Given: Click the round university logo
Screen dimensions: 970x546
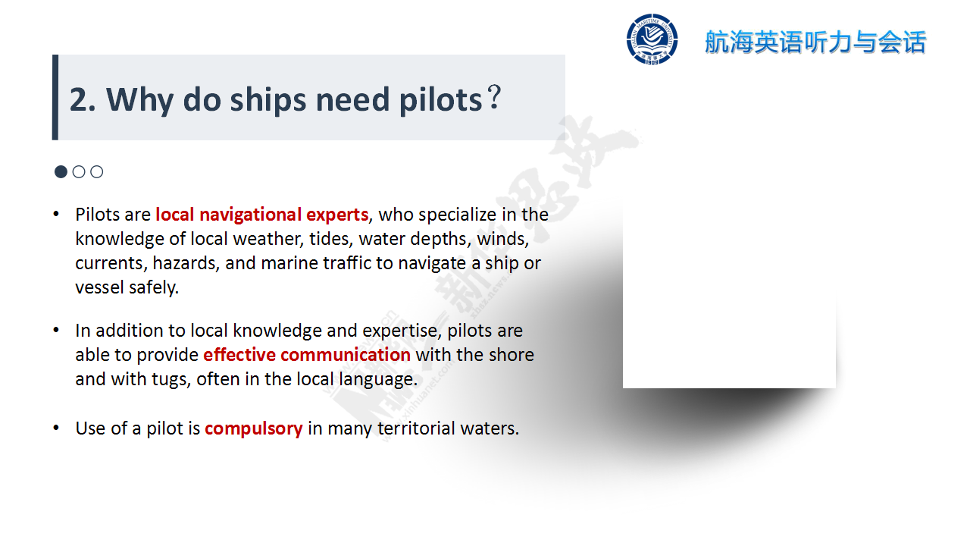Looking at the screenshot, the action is click(652, 39).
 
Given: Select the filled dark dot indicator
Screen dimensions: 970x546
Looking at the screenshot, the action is click(61, 171).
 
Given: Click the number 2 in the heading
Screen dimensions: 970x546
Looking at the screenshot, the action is click(77, 100).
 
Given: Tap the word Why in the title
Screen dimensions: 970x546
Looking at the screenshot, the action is click(140, 101).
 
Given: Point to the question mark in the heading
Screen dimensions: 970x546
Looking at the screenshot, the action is click(493, 98).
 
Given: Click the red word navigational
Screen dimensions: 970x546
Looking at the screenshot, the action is click(250, 215).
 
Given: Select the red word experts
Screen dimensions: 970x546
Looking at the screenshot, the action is click(337, 215).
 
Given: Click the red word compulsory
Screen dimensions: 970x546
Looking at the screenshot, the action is click(253, 428).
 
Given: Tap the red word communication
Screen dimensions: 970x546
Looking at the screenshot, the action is click(346, 354).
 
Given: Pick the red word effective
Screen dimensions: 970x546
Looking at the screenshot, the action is click(239, 354).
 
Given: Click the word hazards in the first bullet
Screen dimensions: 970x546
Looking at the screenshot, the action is click(185, 263).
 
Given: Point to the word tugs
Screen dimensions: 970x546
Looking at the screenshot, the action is click(171, 380).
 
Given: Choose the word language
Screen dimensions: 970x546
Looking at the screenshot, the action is click(378, 380).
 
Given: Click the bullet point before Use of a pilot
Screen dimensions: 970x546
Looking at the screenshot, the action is click(56, 428).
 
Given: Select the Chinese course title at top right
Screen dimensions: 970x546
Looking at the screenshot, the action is click(815, 42).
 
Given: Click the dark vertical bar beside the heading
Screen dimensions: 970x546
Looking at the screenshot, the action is click(55, 97).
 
